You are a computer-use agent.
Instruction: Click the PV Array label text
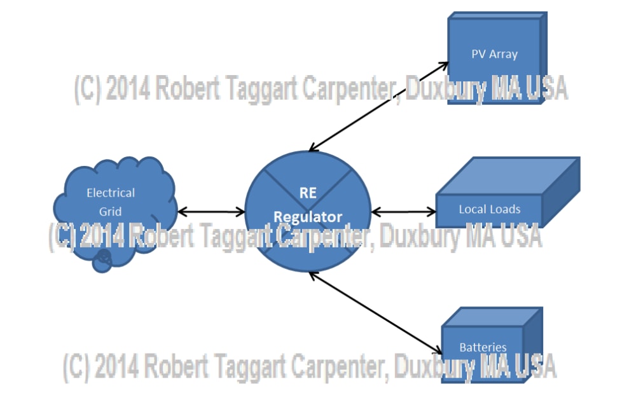494,54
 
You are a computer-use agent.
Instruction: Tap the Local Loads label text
489,209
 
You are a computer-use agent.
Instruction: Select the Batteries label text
483,347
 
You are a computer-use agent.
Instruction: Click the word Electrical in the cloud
111,193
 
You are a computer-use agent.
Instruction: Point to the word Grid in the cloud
110,211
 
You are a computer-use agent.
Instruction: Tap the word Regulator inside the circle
308,217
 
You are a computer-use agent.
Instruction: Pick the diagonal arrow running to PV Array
379,106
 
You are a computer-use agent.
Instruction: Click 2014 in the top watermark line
128,90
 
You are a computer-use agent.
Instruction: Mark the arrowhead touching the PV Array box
445,64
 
